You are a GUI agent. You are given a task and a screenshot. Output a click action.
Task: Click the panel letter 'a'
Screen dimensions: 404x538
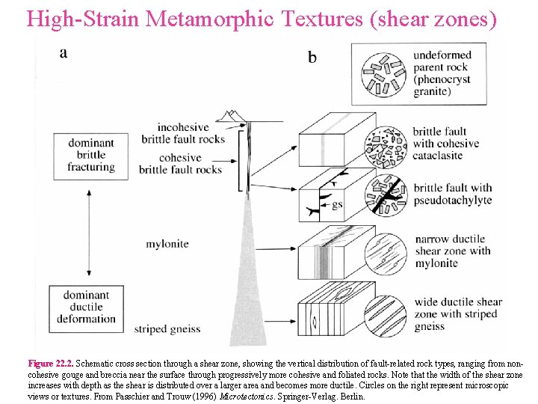click(x=64, y=52)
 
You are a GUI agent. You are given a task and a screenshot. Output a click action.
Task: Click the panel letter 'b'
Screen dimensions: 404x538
click(x=312, y=58)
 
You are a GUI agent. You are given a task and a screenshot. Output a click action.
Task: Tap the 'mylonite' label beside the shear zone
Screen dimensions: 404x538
click(x=167, y=244)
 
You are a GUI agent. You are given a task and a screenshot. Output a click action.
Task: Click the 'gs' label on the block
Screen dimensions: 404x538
click(x=338, y=203)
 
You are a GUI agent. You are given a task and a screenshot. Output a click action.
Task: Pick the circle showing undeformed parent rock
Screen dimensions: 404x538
click(x=383, y=76)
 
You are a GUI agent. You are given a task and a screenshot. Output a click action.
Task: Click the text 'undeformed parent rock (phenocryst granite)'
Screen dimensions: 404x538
click(x=442, y=73)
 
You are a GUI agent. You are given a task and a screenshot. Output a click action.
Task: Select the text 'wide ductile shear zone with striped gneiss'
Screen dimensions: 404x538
click(x=458, y=314)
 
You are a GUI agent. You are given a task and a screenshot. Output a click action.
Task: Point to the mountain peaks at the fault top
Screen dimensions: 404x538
click(x=232, y=116)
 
